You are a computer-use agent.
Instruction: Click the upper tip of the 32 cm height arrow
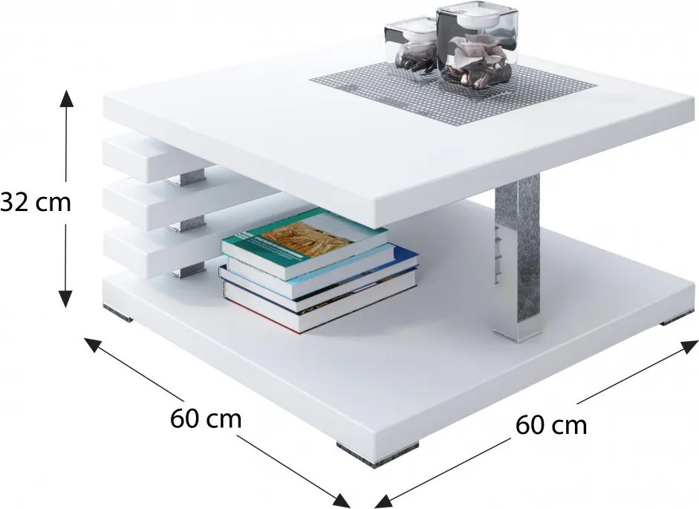pyautogui.click(x=66, y=90)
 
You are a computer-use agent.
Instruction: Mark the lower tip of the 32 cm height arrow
pyautogui.click(x=65, y=308)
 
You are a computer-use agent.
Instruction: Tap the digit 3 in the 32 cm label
pyautogui.click(x=10, y=203)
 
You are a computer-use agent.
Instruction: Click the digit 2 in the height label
pyautogui.click(x=25, y=203)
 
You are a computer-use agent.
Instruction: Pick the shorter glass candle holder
pyautogui.click(x=410, y=51)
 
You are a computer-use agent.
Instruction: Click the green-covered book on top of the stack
pyautogui.click(x=305, y=242)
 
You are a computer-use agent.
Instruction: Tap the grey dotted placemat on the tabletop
pyautogui.click(x=452, y=93)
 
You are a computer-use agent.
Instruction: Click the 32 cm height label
pyautogui.click(x=36, y=203)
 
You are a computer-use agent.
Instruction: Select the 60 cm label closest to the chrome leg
pyautogui.click(x=551, y=425)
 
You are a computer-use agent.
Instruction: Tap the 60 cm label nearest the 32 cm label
pyautogui.click(x=206, y=419)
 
